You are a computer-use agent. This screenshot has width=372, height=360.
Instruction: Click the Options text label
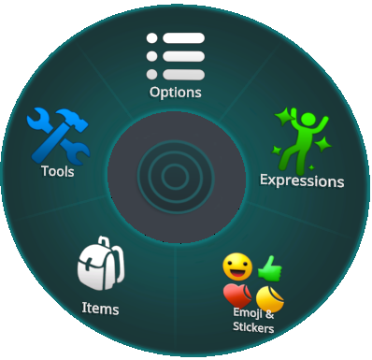pos(176,93)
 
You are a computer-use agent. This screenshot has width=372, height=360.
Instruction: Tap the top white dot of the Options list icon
pos(152,38)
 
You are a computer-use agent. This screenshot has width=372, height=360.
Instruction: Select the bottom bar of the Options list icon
pos(183,75)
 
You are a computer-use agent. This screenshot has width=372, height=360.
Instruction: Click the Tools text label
pos(58,171)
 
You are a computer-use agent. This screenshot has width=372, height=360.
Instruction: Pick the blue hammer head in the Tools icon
pos(72,120)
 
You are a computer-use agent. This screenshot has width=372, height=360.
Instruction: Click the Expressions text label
pos(302,180)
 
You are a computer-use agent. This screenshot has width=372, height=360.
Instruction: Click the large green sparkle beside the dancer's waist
pos(322,145)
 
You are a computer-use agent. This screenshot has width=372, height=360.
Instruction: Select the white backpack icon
pos(101,264)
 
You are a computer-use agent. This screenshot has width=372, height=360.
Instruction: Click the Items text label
pos(100,309)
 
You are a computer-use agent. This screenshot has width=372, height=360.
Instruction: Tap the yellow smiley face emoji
pos(237,266)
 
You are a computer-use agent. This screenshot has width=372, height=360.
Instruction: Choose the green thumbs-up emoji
pos(270,268)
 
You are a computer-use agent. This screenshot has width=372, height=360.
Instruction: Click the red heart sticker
pos(237,295)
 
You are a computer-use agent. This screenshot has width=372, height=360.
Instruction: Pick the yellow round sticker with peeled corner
pos(270,299)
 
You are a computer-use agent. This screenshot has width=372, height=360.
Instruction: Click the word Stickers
pos(253,327)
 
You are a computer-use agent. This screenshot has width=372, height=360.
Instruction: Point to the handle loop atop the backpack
pos(104,242)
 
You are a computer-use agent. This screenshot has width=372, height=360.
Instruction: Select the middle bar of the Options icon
pos(183,56)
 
